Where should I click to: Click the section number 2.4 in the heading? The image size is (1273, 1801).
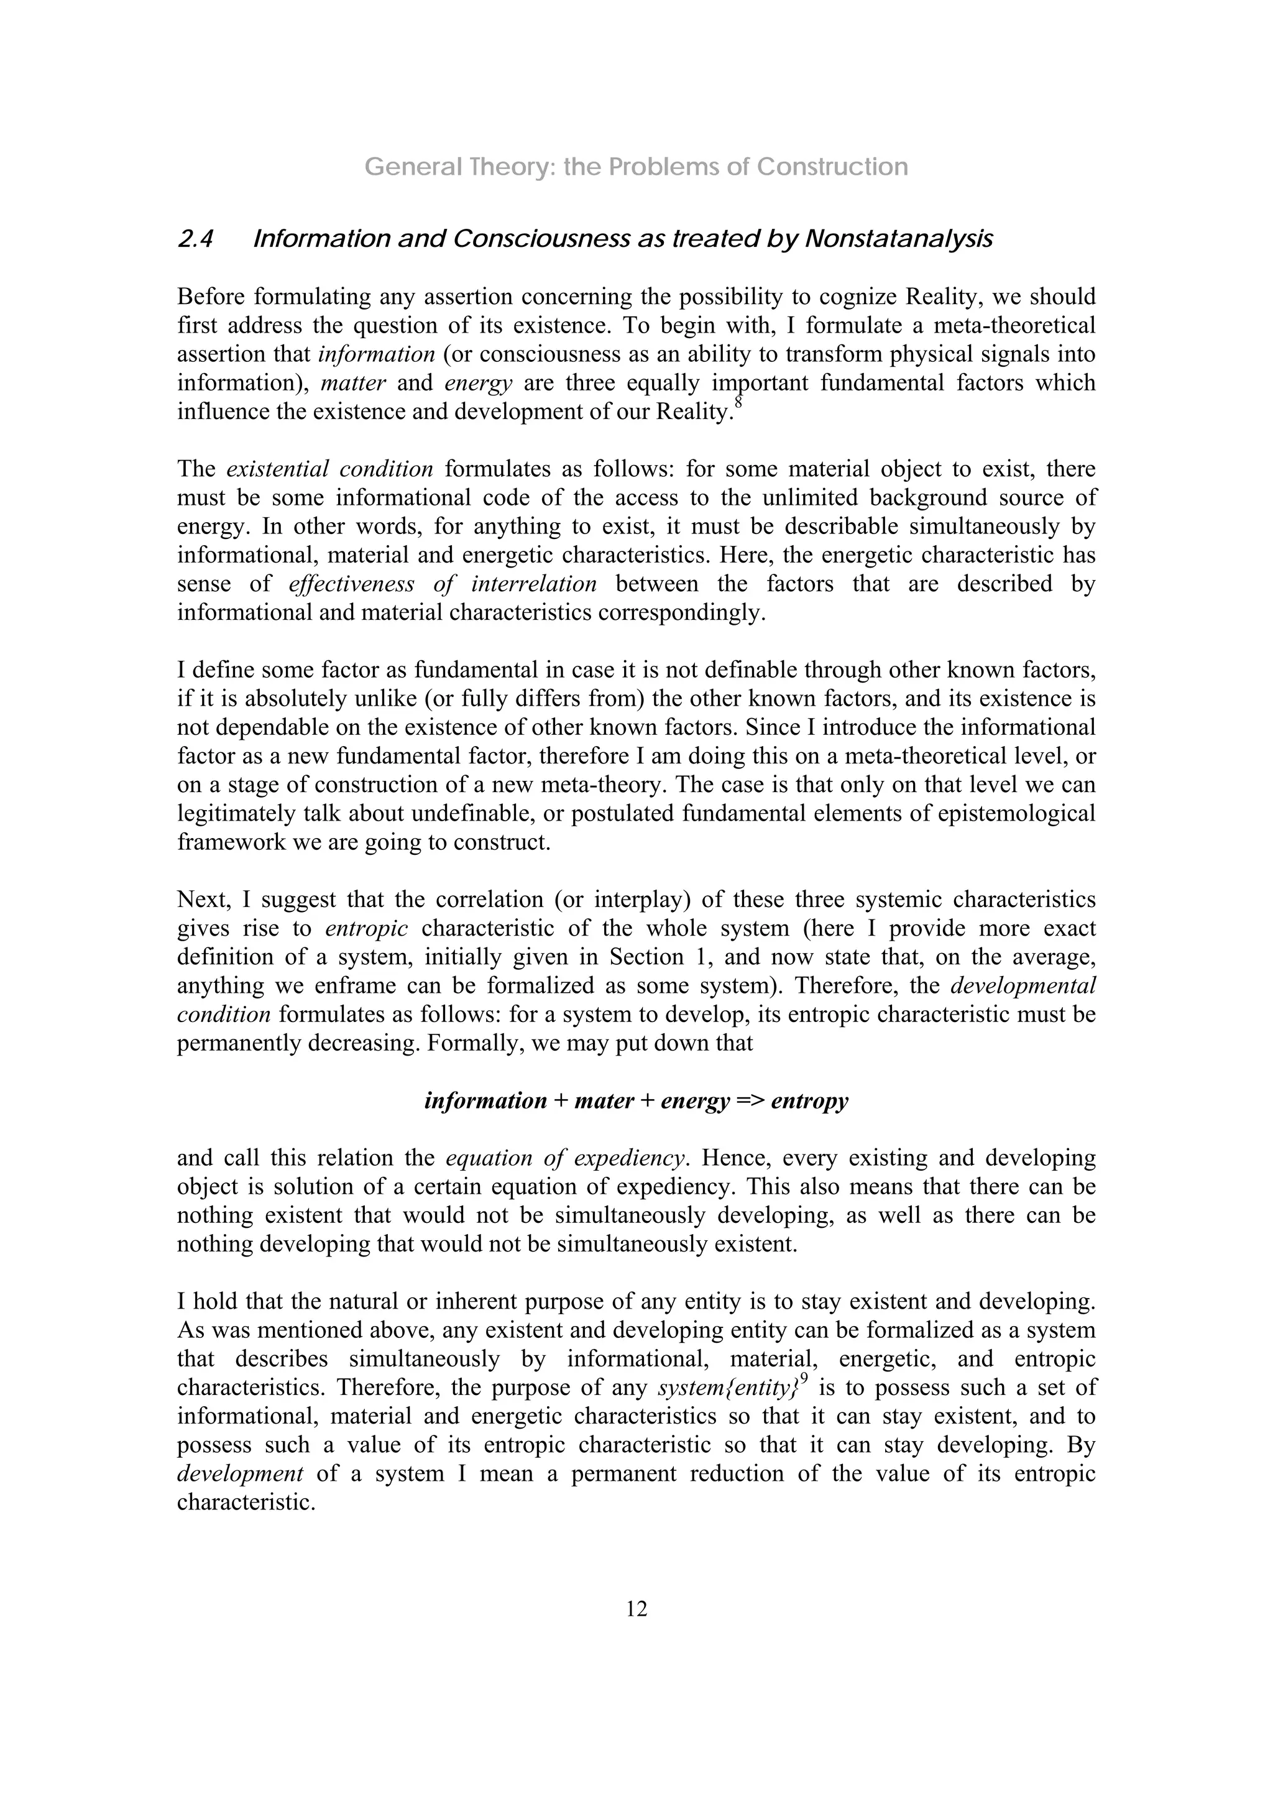[195, 239]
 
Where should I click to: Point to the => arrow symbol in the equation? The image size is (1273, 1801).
[750, 1102]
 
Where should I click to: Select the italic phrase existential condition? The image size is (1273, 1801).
[329, 469]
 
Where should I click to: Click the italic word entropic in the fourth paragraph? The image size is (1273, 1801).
[366, 929]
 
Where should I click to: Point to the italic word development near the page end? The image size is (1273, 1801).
[240, 1474]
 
